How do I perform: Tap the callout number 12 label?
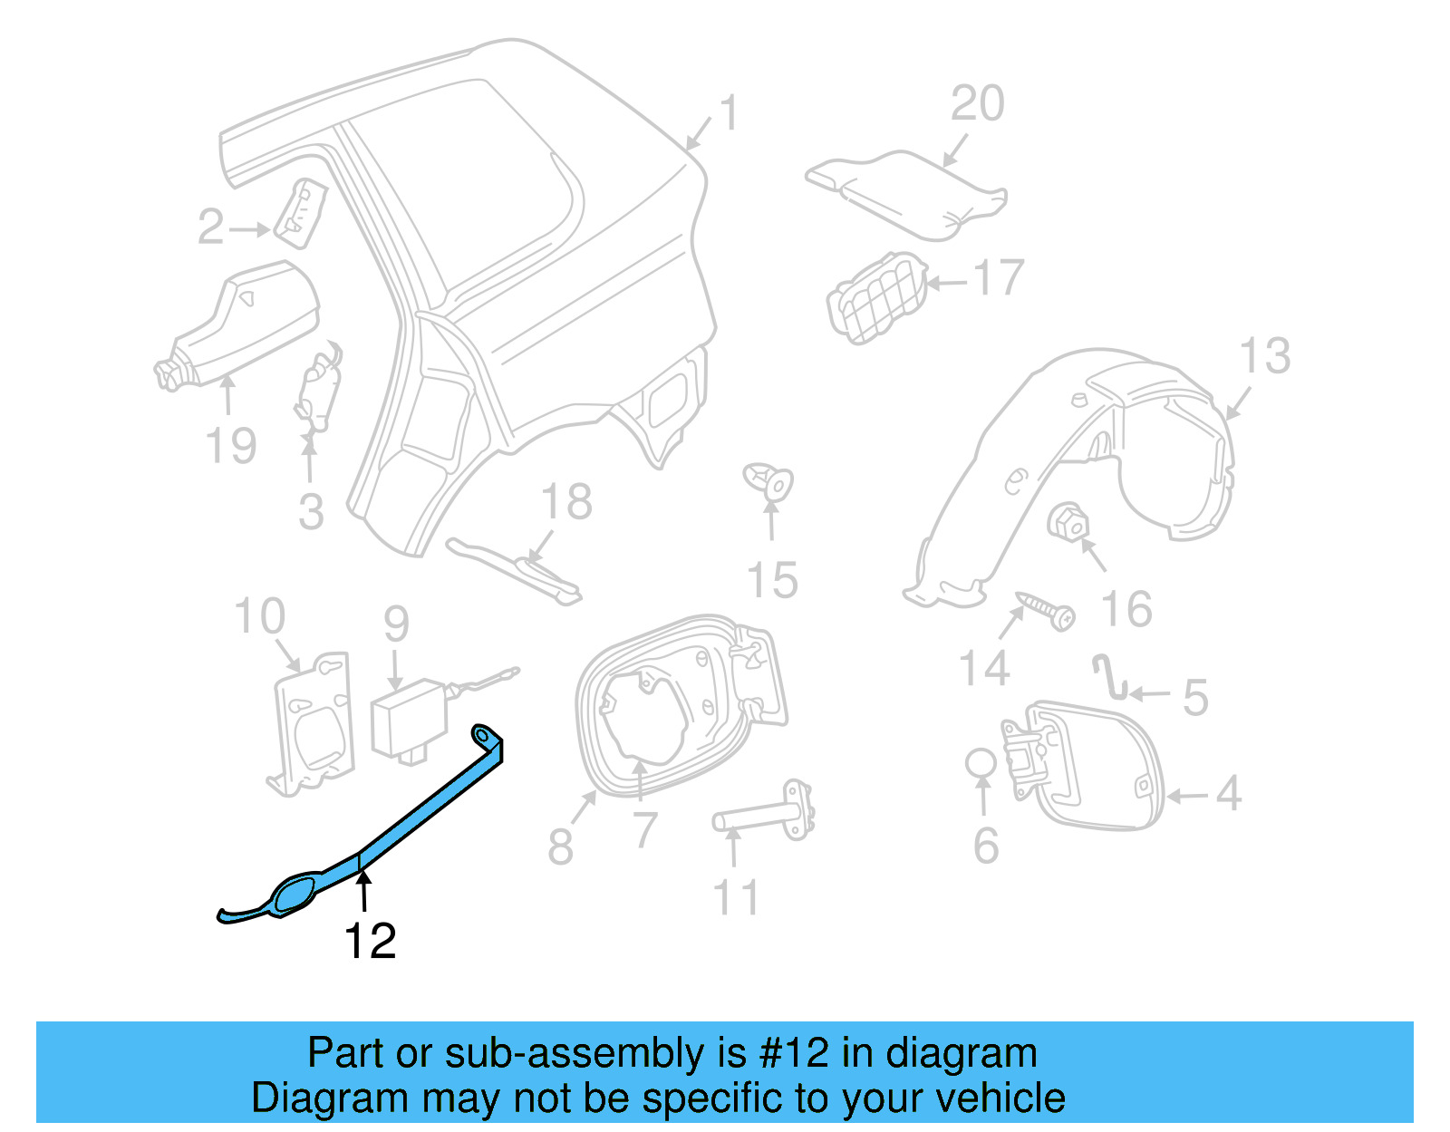[370, 943]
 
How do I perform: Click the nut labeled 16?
[1067, 523]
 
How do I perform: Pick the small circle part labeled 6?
[981, 763]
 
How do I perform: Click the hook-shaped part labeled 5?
[1109, 678]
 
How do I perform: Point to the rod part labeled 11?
[766, 814]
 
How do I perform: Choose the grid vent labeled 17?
[877, 297]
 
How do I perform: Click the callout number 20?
[977, 103]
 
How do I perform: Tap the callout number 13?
[1264, 356]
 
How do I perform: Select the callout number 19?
[231, 446]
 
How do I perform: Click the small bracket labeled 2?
[300, 213]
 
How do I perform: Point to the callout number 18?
[566, 502]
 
